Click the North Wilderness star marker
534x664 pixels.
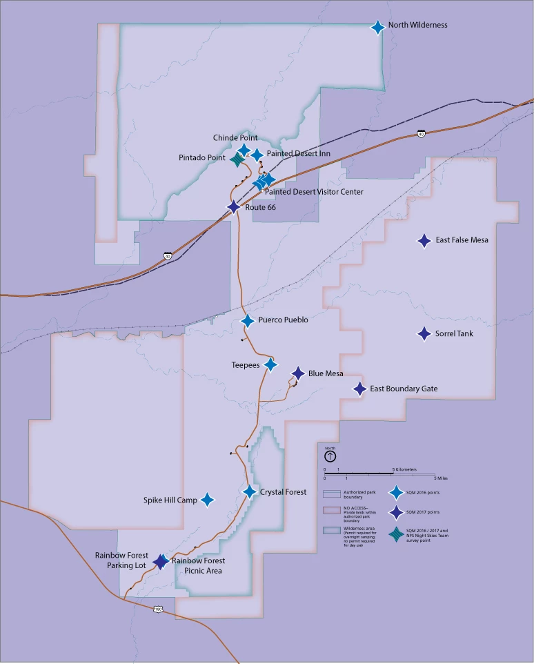pos(377,27)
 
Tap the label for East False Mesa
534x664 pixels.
pos(462,240)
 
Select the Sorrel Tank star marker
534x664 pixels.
pos(424,333)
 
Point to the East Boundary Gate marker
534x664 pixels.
pos(359,389)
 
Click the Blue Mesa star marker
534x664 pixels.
pos(298,373)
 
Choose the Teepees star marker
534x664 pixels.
pos(270,364)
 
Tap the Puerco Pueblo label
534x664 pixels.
pos(283,320)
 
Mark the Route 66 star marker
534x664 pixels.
pos(234,206)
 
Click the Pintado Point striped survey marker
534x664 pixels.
pos(237,159)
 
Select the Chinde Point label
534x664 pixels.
pos(235,138)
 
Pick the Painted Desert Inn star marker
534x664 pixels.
pos(257,155)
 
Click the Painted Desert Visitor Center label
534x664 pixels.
pos(314,192)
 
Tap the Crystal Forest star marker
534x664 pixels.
pos(250,491)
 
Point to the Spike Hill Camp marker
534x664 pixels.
pos(206,500)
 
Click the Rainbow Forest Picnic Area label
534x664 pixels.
pos(199,566)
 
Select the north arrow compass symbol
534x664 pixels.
pos(330,456)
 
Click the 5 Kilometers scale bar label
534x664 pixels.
pos(404,469)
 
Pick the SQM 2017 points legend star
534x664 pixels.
pos(396,511)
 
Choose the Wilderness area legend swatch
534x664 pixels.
pos(331,531)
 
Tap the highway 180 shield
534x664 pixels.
pos(158,609)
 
